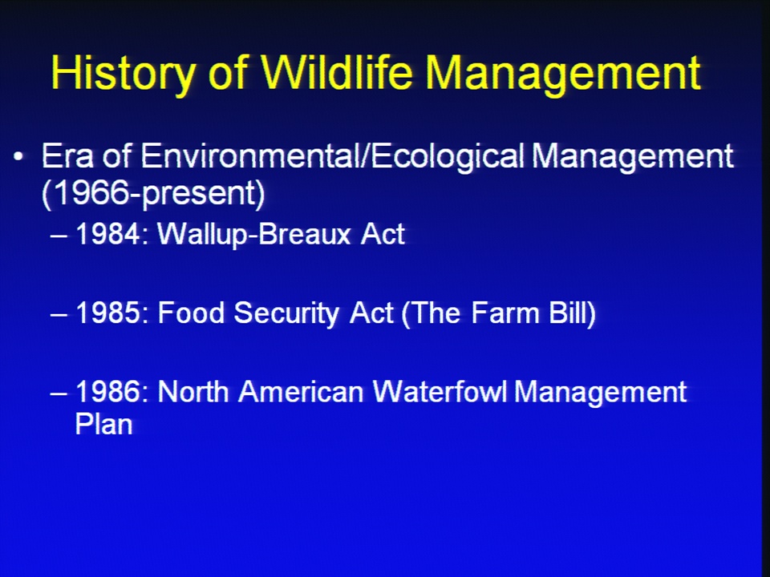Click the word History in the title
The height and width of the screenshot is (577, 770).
tap(123, 74)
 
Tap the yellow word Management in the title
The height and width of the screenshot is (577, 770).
tap(563, 74)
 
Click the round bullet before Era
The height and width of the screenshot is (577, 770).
tap(18, 157)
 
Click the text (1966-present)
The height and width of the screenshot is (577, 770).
tap(154, 194)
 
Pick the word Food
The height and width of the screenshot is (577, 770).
tap(191, 313)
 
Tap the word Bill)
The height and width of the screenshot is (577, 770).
tap(572, 313)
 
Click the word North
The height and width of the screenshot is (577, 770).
tap(193, 392)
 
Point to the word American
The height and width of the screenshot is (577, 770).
tap(301, 392)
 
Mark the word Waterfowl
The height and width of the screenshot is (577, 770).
tap(440, 392)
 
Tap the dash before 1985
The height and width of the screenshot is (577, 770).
tap(59, 314)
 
